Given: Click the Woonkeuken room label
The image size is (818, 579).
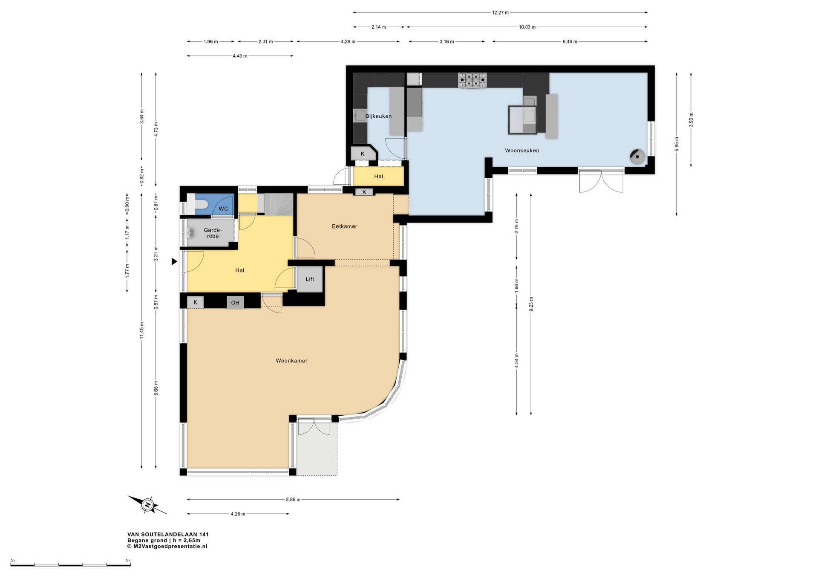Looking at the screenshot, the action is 522,151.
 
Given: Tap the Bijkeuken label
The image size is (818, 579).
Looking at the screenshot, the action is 378,116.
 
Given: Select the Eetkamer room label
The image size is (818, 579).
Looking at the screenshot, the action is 345,226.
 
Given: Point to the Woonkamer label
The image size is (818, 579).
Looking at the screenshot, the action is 291,361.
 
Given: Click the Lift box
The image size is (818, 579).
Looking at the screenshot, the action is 310,279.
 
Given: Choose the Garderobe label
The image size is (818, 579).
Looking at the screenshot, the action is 213,233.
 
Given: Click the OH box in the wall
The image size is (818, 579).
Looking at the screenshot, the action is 235,303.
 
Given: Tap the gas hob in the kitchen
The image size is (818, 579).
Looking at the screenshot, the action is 472,80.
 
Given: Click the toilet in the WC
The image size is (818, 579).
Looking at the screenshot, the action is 198,204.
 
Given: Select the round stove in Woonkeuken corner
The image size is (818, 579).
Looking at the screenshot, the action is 637,156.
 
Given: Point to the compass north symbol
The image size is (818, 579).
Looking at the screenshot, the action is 148,505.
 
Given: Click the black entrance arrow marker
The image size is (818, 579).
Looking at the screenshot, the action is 174,261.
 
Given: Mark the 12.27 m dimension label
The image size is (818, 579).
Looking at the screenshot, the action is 500,13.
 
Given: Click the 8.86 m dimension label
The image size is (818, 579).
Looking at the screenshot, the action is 293,500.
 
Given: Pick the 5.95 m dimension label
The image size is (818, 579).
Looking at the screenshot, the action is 677,144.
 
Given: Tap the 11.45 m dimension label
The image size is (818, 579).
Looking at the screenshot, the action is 141,330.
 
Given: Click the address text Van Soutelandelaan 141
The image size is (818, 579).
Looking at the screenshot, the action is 168,534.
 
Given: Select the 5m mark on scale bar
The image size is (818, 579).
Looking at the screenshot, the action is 128,561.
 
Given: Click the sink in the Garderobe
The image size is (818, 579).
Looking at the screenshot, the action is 190,233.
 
